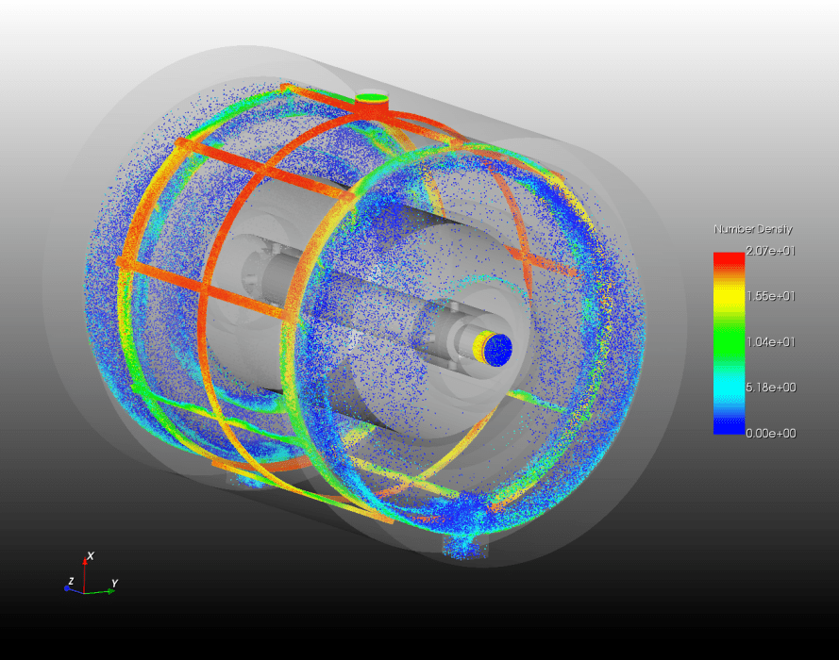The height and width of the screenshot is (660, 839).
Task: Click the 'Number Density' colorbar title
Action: pyautogui.click(x=753, y=229)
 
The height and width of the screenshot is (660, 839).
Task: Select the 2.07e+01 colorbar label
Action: pyautogui.click(x=770, y=251)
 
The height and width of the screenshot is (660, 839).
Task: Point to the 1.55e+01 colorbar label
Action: pyautogui.click(x=770, y=296)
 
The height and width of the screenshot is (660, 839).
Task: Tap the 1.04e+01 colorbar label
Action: pyautogui.click(x=770, y=342)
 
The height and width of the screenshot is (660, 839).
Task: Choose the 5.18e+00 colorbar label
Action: pyautogui.click(x=770, y=387)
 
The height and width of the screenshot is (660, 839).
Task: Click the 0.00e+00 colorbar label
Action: pyautogui.click(x=770, y=433)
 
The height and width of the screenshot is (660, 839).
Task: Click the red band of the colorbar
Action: pyautogui.click(x=729, y=260)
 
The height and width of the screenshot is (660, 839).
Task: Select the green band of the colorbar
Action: pyautogui.click(x=729, y=342)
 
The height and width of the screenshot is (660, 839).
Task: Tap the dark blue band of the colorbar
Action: pyautogui.click(x=729, y=426)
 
